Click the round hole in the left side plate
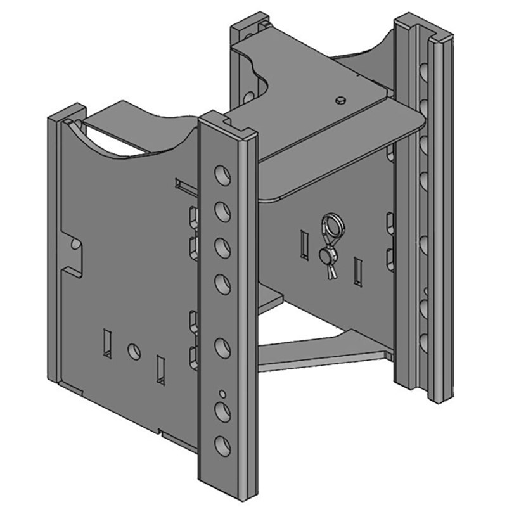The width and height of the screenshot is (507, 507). tap(134, 351)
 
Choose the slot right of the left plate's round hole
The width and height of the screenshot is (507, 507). tap(160, 369)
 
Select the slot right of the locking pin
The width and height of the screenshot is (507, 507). tap(359, 271)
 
